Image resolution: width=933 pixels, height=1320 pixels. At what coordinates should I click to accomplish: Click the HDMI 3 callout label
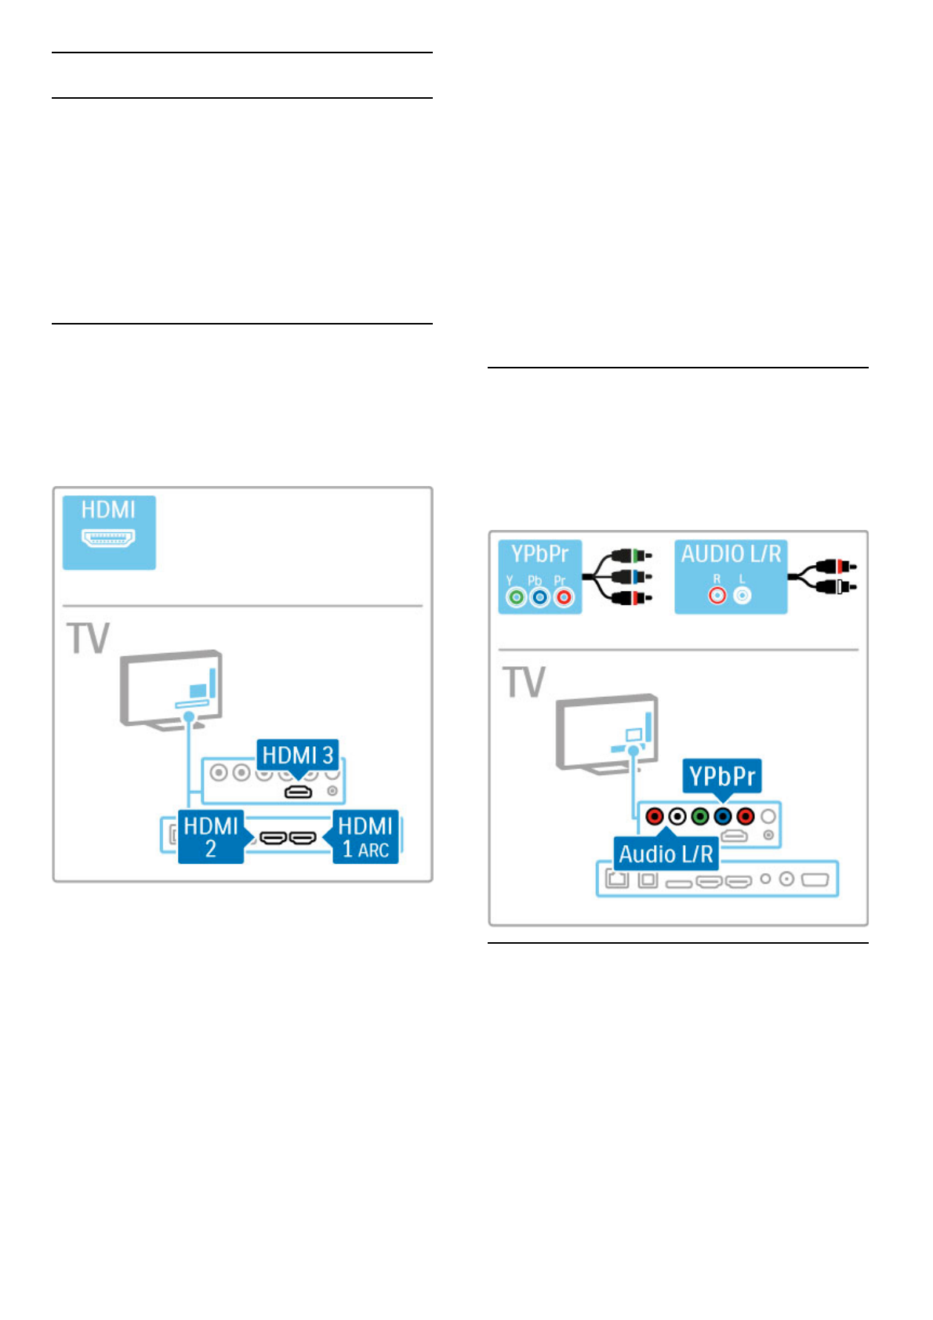coord(298,756)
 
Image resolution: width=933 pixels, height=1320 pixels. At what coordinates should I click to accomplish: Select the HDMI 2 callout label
coord(211,836)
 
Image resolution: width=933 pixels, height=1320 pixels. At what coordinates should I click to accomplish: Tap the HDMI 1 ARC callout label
coord(366,836)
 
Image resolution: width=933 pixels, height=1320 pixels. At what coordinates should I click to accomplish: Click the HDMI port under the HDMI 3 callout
coord(298,792)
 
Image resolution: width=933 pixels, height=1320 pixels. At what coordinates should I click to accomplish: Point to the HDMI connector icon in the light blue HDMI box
coord(109,539)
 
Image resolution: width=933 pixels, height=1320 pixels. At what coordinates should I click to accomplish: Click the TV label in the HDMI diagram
coord(89,638)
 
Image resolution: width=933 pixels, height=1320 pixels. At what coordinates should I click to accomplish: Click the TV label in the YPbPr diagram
coord(524,682)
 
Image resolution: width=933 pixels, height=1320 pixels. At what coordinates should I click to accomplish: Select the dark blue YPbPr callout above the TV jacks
coord(722,776)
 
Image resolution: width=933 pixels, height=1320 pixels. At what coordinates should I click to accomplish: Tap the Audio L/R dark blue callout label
coord(666,854)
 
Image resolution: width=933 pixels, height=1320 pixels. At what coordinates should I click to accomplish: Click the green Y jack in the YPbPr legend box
coord(516,597)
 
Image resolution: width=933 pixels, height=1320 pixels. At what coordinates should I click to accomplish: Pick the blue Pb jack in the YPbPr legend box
coord(539,597)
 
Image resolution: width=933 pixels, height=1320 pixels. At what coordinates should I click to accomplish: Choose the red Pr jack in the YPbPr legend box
coord(563,597)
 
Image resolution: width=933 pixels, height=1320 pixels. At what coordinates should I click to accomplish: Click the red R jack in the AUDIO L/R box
coord(717,596)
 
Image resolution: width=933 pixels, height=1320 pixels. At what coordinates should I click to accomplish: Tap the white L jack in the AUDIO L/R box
coord(742,596)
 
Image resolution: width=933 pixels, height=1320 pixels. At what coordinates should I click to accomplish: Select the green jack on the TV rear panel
coord(700,817)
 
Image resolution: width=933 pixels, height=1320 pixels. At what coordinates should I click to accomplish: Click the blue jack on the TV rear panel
coord(723,817)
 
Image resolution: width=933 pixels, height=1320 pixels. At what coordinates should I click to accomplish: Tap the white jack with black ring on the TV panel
coord(677,817)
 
